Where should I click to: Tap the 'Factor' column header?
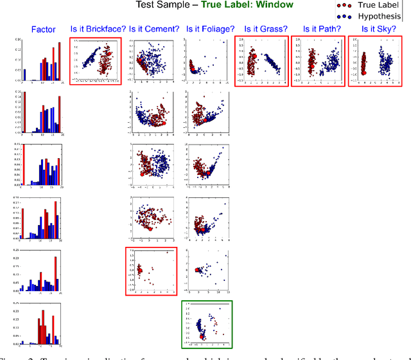[x=44, y=29]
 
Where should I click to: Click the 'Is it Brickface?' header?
[x=98, y=28]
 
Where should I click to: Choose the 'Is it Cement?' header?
[x=153, y=28]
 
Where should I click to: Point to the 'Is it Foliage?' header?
[x=207, y=28]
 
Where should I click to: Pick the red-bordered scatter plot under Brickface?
[x=97, y=61]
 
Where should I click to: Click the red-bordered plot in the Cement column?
[x=151, y=271]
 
